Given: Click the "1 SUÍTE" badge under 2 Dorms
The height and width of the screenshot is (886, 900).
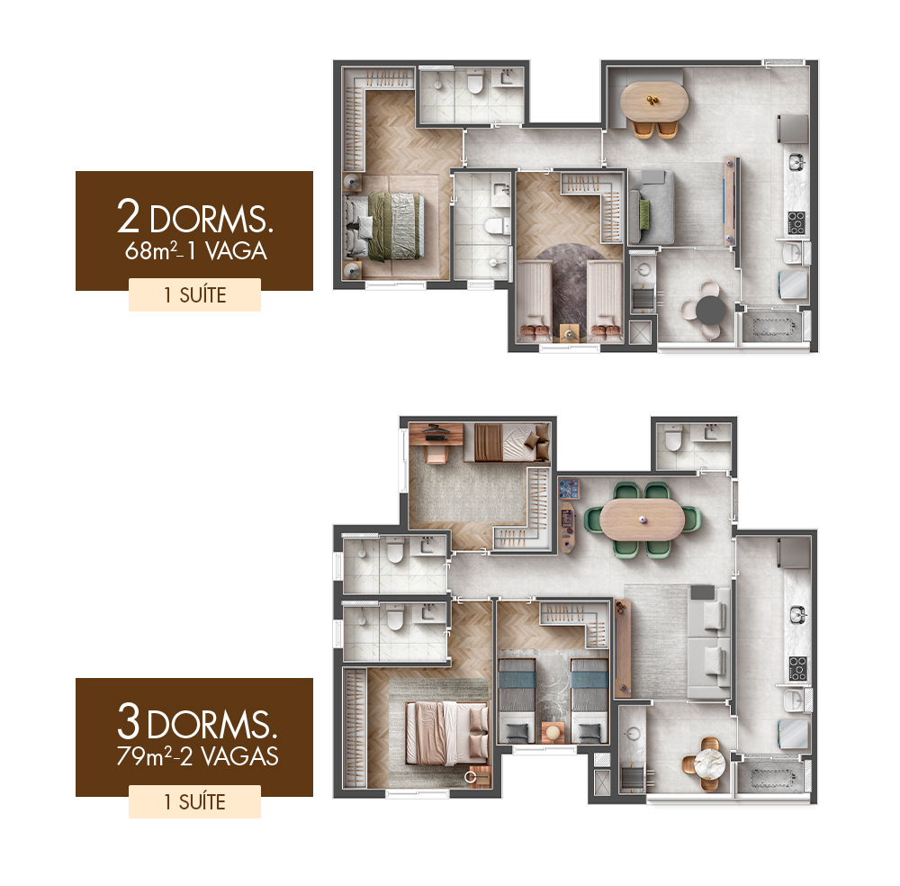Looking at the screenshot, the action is click(x=194, y=295).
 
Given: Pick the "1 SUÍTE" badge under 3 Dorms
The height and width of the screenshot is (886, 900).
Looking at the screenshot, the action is click(x=194, y=801).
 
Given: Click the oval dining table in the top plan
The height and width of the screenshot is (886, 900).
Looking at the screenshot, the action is click(x=655, y=101).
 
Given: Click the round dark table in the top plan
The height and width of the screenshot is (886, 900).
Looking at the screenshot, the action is click(x=711, y=310).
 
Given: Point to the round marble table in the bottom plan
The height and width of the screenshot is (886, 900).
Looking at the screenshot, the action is click(x=709, y=764).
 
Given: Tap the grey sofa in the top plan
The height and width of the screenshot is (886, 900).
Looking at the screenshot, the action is click(x=652, y=207).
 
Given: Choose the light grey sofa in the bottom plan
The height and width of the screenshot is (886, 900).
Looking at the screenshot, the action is click(x=709, y=642).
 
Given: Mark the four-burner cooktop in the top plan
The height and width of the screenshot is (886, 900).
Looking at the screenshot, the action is click(x=796, y=222).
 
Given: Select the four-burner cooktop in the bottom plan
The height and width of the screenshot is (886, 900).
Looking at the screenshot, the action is click(x=797, y=668).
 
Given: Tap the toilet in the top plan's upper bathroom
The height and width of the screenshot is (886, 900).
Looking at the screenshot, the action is click(x=474, y=82).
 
